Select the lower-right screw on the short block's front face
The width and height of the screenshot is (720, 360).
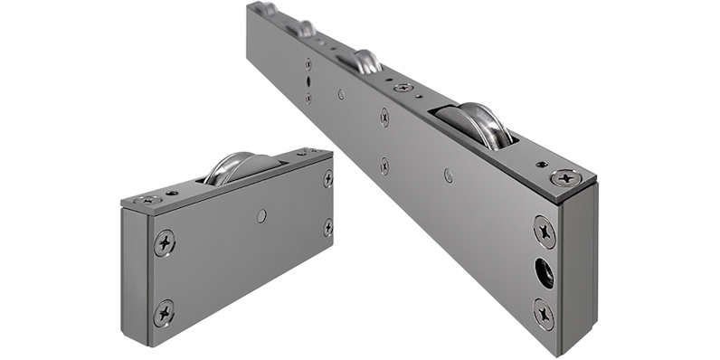click(327, 228)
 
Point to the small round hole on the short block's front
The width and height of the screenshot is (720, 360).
click(261, 215)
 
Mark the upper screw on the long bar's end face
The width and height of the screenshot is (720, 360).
click(545, 230)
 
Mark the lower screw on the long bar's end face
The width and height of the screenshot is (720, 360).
click(545, 310)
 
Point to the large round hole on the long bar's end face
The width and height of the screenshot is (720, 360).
click(545, 270)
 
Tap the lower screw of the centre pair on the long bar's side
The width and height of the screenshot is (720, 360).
click(384, 166)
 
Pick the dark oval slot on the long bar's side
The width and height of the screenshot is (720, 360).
click(309, 80)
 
